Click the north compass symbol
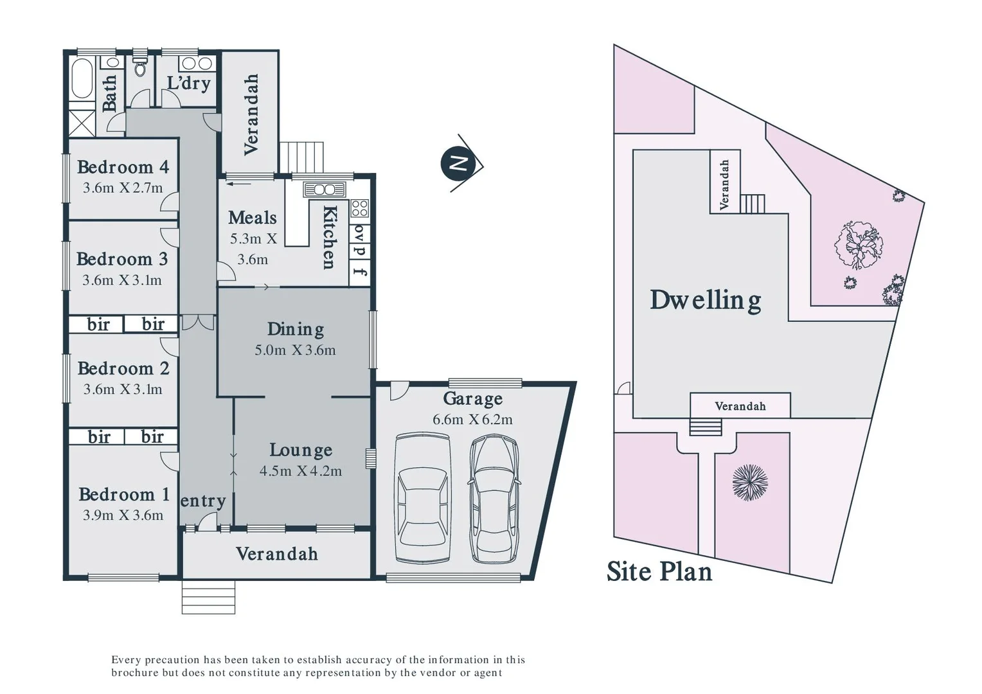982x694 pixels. click(x=458, y=163)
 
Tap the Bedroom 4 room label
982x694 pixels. click(x=123, y=167)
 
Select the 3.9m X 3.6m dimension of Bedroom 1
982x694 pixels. click(x=123, y=515)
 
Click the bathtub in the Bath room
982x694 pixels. click(x=82, y=78)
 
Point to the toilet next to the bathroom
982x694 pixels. click(x=140, y=67)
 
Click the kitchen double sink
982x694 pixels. click(x=325, y=190)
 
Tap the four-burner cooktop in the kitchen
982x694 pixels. click(x=360, y=208)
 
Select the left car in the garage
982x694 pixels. click(x=422, y=499)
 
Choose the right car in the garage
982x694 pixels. click(x=494, y=499)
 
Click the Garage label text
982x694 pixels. click(x=472, y=399)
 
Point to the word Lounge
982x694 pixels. click(x=301, y=450)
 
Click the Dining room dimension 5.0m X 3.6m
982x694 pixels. click(x=295, y=350)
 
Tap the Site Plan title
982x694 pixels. click(x=659, y=571)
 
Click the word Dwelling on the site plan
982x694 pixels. click(x=705, y=300)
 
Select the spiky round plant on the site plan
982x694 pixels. click(x=750, y=482)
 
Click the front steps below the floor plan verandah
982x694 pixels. click(x=208, y=597)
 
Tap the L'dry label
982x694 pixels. click(x=188, y=83)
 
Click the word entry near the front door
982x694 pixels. click(x=203, y=501)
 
